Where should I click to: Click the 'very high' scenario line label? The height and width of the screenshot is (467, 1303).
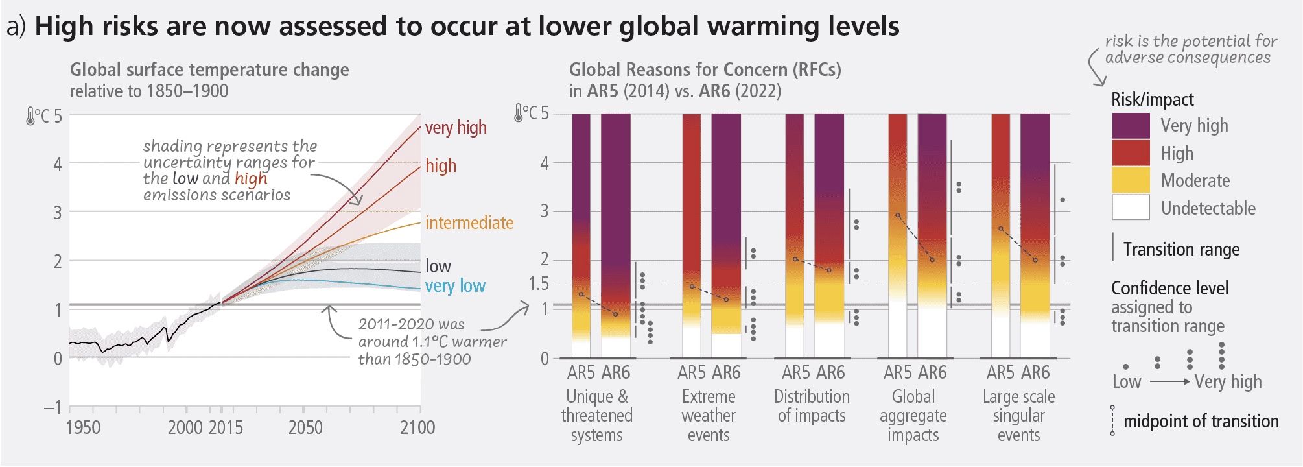[x=455, y=127]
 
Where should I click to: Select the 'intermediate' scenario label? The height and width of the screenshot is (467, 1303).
[x=469, y=222]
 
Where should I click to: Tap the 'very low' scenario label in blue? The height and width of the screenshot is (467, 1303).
[x=454, y=285]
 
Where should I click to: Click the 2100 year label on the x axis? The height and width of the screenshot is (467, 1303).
[x=417, y=427]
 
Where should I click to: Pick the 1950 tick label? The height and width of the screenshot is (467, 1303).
[x=83, y=427]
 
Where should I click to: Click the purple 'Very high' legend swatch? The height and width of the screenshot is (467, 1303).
[x=1131, y=126]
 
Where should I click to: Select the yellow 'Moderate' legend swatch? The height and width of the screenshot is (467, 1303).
[x=1131, y=180]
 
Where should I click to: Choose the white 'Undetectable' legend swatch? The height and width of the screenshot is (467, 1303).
[x=1131, y=208]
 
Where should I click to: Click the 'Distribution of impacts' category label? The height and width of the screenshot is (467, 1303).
[x=812, y=405]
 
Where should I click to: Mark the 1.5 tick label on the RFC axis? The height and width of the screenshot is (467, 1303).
[x=538, y=284]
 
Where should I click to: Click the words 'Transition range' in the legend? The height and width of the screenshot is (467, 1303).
[x=1181, y=249]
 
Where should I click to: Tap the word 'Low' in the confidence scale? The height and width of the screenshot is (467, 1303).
[x=1126, y=381]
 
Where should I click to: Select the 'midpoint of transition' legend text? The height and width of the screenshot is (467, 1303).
[x=1201, y=421]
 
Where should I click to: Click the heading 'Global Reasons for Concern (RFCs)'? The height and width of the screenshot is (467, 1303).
[x=705, y=69]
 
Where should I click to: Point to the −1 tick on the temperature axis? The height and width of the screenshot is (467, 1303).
[x=53, y=407]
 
